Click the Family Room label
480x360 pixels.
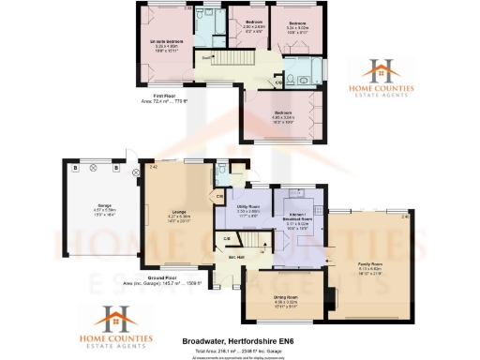click(371, 265)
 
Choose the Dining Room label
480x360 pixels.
click(285, 298)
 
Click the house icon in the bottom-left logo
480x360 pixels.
click(114, 318)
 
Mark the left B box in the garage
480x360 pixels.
click(75, 171)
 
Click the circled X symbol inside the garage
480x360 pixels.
click(95, 171)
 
